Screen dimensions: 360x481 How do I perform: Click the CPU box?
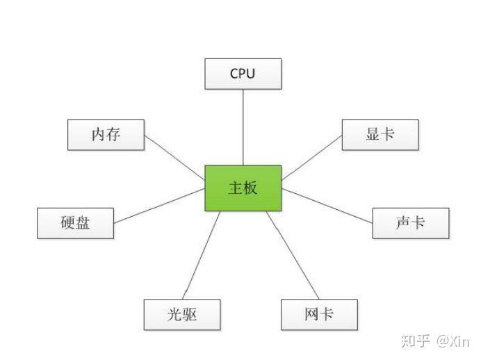[x=243, y=74]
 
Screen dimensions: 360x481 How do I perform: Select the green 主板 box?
[x=243, y=188]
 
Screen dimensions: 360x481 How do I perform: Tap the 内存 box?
[x=106, y=135]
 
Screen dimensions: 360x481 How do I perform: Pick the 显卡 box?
[x=380, y=134]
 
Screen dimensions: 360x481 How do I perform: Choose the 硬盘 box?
[x=75, y=223]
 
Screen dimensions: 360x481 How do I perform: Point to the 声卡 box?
[x=411, y=223]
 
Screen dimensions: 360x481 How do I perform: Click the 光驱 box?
[x=182, y=314]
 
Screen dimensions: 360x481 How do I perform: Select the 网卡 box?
[x=319, y=314]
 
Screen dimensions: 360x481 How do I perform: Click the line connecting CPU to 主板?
[x=243, y=127]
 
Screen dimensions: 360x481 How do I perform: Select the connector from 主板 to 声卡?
[x=327, y=205]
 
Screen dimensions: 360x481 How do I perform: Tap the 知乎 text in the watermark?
[x=416, y=341]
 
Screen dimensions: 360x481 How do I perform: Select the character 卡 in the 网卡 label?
[x=327, y=314]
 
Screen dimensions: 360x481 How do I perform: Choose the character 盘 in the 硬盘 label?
[x=83, y=223]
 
